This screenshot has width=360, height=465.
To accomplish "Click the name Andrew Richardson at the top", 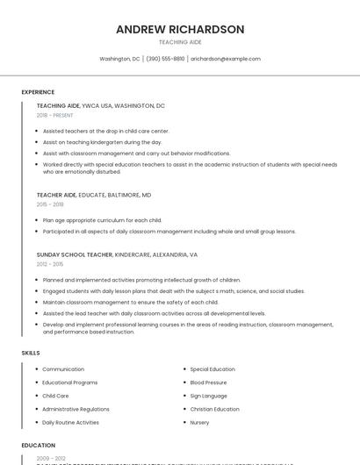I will [180, 29].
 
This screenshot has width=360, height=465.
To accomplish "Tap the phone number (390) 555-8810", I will [165, 59].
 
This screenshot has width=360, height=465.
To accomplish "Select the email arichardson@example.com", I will [226, 59].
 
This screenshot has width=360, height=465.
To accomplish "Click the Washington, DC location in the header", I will [119, 59].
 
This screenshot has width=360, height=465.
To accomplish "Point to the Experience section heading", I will [38, 92].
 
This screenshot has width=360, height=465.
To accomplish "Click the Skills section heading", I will [31, 353].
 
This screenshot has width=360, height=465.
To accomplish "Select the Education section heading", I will [38, 445].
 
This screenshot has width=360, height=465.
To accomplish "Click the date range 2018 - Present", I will [55, 115].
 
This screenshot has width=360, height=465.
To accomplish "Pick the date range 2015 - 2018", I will [50, 204].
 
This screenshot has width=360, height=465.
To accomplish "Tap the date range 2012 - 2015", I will [50, 263].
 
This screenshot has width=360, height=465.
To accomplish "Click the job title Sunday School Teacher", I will [75, 254].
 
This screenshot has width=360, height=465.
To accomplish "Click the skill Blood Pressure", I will [208, 383].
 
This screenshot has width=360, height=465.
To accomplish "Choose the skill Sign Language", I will [208, 396].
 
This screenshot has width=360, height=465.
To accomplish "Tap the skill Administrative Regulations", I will [76, 409].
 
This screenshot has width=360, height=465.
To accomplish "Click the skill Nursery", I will [199, 422].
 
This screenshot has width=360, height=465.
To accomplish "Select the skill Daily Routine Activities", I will [70, 422].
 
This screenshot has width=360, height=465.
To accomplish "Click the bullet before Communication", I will [36, 369].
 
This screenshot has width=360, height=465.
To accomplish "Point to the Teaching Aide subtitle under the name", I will [180, 42].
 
